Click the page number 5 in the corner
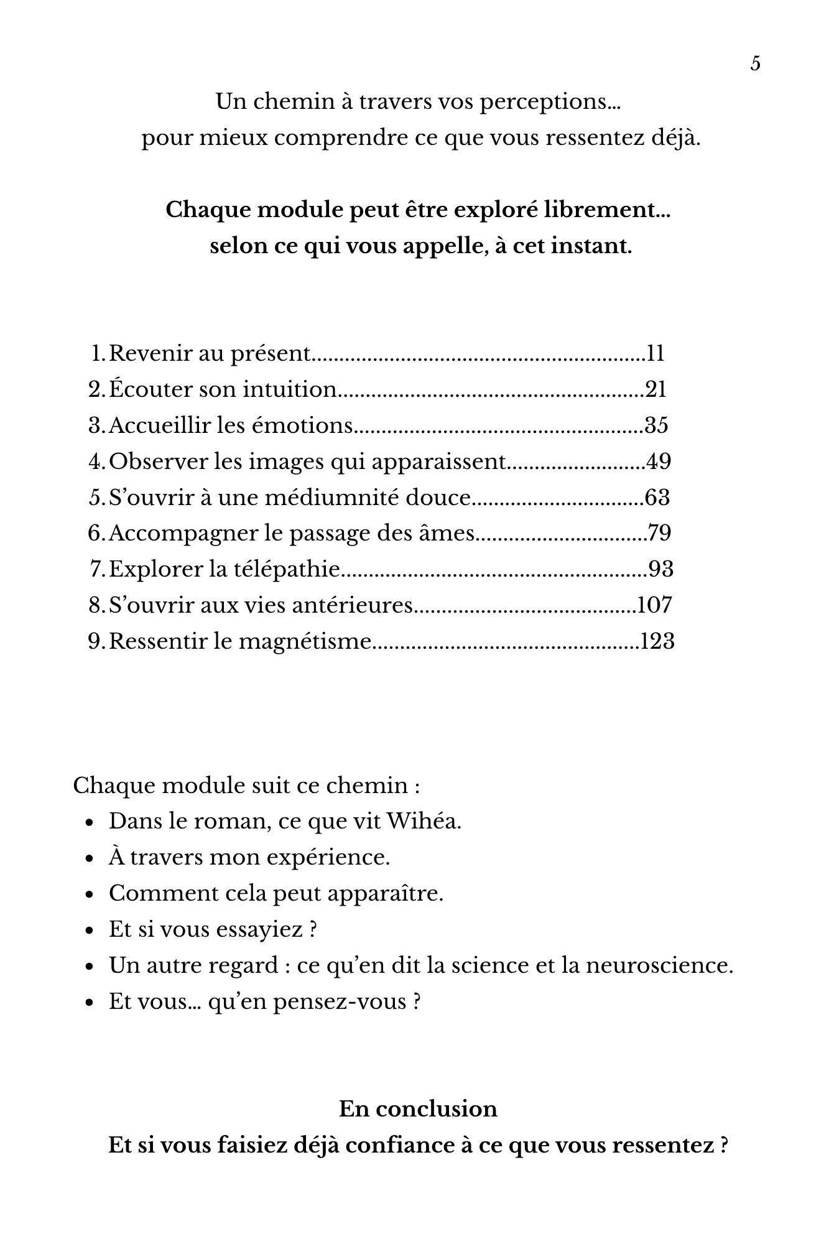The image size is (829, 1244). (x=756, y=64)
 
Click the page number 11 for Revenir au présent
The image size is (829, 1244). (x=655, y=353)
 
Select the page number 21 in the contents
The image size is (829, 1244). (x=655, y=389)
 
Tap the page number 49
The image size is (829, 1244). (x=659, y=462)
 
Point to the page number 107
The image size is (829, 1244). (x=655, y=605)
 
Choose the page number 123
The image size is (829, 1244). (x=657, y=641)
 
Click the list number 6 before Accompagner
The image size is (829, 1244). (x=95, y=533)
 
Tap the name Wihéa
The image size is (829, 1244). (x=424, y=821)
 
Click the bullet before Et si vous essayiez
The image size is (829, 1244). (x=90, y=931)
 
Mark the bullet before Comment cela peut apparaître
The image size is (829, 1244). (x=90, y=895)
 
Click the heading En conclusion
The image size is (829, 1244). (x=418, y=1109)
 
